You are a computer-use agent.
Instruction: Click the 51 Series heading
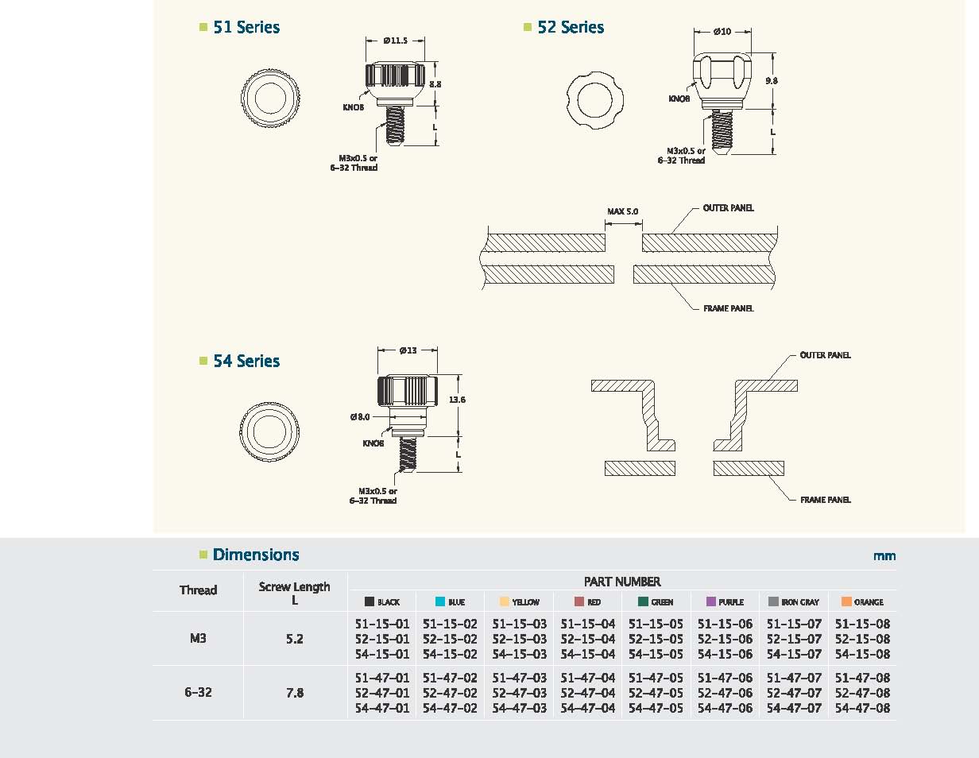(246, 27)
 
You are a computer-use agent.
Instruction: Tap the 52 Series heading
(571, 27)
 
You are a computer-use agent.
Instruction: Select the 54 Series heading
(246, 361)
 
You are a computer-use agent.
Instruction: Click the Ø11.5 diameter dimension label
(395, 41)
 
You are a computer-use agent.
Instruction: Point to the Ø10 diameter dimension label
(722, 32)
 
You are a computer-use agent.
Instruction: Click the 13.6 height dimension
(457, 400)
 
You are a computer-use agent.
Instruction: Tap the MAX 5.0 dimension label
(623, 211)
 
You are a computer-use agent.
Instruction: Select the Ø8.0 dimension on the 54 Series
(360, 417)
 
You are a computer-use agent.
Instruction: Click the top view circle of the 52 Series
(594, 100)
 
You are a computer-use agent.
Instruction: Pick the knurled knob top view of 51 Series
(270, 98)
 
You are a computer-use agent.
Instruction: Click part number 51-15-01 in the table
(382, 624)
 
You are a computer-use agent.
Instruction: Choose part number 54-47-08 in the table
(862, 709)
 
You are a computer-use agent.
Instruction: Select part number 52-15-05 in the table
(656, 639)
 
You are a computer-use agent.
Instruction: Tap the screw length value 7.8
(295, 693)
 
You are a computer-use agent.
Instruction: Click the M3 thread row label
(198, 638)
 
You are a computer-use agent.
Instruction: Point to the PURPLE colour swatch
(711, 601)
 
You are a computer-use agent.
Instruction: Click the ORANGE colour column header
(862, 601)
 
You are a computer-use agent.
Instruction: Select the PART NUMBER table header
(622, 582)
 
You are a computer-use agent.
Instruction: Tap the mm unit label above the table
(884, 556)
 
